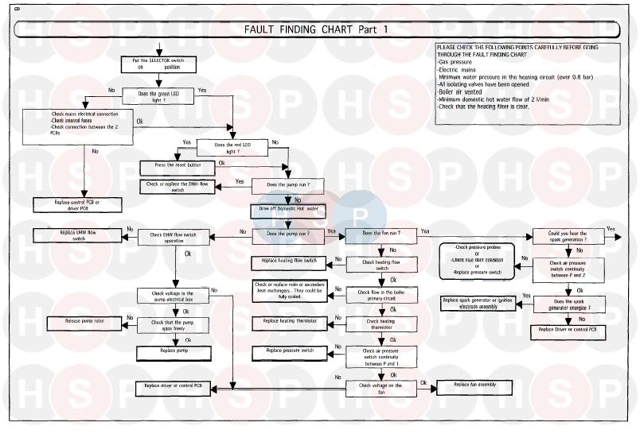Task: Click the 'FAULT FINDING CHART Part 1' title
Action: click(x=318, y=30)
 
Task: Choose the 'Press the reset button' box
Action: click(x=177, y=167)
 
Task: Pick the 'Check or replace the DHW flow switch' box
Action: click(x=178, y=188)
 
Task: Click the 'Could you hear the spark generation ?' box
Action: click(x=568, y=236)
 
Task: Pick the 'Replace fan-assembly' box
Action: click(x=475, y=386)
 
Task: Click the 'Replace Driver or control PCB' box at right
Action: click(x=568, y=328)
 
